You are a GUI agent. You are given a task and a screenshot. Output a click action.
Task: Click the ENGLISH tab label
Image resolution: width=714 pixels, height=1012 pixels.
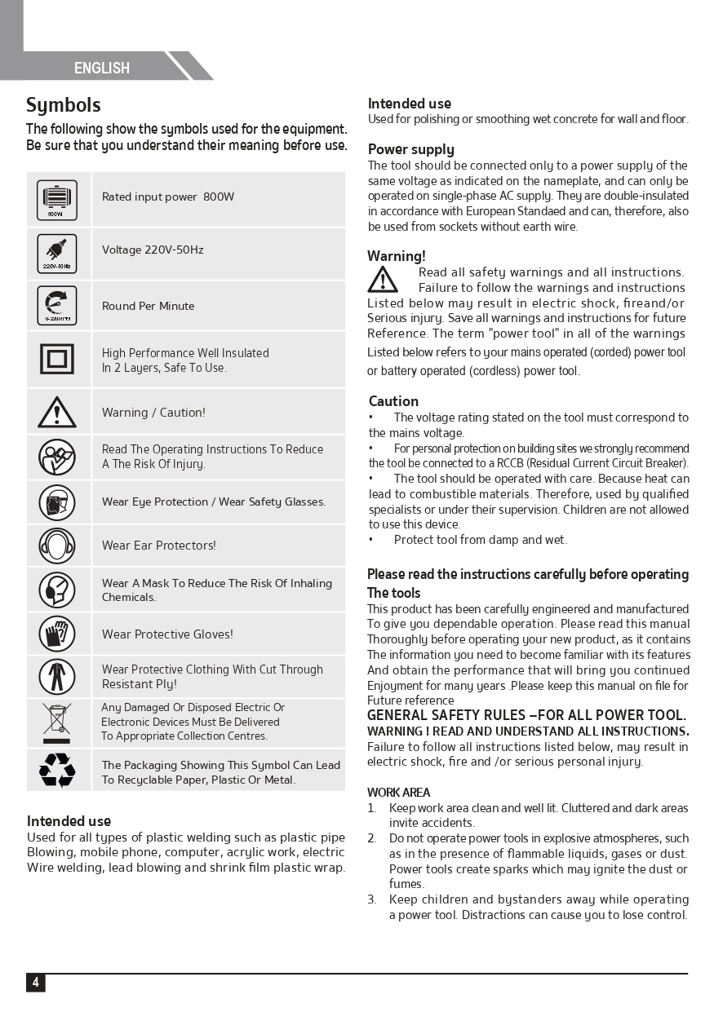(x=102, y=68)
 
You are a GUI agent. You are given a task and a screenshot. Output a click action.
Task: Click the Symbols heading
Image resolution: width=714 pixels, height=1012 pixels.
(x=64, y=105)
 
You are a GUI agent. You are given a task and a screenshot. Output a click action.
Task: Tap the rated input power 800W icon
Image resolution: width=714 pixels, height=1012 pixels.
(x=57, y=200)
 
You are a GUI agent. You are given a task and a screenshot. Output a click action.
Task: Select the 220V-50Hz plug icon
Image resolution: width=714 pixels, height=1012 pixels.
(x=57, y=254)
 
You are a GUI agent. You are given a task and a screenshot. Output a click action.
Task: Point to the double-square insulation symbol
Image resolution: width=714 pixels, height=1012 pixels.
(x=57, y=359)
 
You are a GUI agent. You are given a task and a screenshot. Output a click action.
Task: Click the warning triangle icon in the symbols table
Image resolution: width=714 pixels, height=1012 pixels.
(x=57, y=413)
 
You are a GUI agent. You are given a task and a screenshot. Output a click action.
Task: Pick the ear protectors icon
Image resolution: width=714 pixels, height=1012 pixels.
(x=57, y=546)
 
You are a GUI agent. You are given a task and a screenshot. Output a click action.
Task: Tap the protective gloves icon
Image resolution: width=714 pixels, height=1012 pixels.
(x=57, y=634)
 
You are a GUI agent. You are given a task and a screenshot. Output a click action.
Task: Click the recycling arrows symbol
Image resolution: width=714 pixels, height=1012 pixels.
(x=57, y=770)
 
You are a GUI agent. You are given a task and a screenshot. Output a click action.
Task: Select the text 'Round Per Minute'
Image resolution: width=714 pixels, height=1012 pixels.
(x=148, y=307)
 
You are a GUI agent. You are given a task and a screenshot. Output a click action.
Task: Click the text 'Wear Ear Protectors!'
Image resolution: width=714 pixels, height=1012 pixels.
(x=158, y=546)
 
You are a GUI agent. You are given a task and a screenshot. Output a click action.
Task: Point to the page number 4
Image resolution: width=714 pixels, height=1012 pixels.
(x=35, y=983)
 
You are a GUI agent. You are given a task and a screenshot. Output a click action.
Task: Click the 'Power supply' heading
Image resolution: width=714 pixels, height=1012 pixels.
(x=410, y=149)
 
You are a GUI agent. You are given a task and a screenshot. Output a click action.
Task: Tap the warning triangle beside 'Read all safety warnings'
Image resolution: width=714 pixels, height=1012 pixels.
(x=383, y=280)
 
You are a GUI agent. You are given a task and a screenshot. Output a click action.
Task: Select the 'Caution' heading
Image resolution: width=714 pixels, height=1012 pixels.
(x=393, y=401)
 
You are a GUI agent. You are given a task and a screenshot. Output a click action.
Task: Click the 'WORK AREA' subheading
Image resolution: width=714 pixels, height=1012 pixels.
(x=398, y=793)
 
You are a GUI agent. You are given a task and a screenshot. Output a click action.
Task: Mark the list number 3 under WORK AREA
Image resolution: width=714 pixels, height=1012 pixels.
(x=371, y=899)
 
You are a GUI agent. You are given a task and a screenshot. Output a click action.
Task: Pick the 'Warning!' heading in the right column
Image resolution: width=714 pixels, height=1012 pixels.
(x=396, y=257)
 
